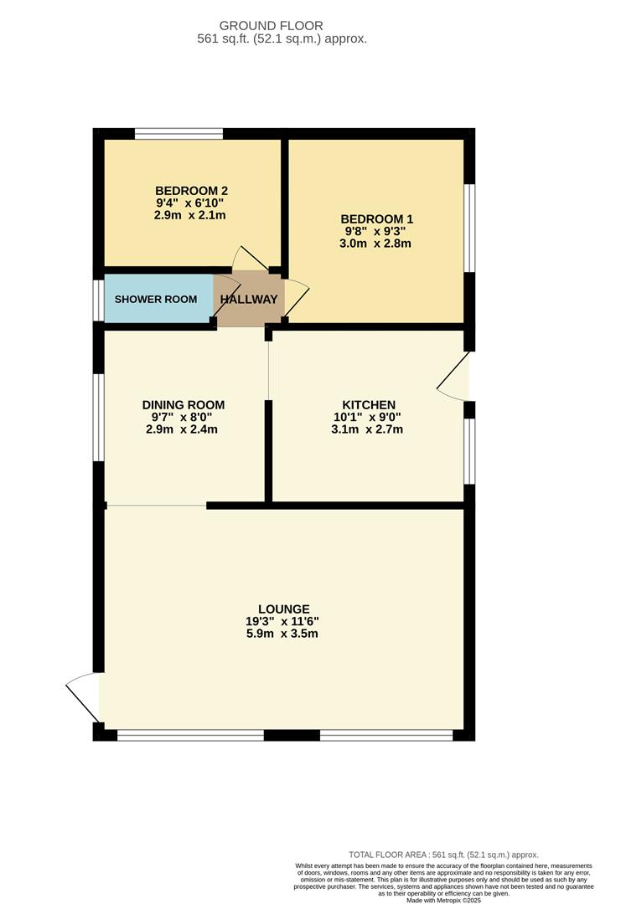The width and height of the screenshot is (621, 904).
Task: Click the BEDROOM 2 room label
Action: point(190,190)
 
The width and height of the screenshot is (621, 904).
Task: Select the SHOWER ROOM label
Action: point(151,300)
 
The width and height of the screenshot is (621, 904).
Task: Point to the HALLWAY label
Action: point(249,300)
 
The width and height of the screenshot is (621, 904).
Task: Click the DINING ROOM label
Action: point(184,405)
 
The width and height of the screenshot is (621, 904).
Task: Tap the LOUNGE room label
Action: point(284,609)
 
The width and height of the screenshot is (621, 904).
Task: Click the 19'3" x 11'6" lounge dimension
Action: point(284,622)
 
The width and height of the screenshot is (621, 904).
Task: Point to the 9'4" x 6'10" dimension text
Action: point(190,203)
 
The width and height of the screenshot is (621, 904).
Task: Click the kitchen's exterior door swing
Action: point(454,378)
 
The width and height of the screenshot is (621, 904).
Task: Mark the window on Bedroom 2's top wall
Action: point(179,133)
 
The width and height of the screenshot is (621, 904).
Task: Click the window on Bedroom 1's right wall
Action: point(470,227)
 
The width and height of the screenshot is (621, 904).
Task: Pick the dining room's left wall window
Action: point(99,417)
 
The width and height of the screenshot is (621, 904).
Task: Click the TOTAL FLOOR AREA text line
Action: point(443,855)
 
